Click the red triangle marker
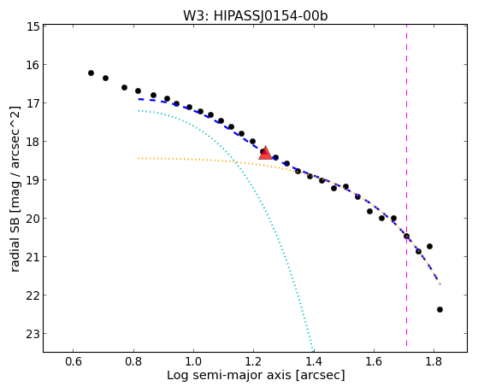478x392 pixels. (265, 153)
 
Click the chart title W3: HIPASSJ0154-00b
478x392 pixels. (255, 16)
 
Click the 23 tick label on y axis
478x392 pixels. (33, 334)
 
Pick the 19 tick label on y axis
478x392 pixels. (33, 180)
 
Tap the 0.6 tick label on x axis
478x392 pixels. (74, 361)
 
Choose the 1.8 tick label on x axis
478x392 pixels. (434, 361)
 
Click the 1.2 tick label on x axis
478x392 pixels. (253, 361)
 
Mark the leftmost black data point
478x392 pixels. (91, 73)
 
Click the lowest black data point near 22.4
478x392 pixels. (440, 309)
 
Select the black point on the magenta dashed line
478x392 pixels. (406, 236)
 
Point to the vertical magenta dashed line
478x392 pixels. (406, 185)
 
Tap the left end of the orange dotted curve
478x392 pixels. (139, 158)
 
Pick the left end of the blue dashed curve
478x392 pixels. (139, 99)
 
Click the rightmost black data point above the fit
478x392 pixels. (429, 246)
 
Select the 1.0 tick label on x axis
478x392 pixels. (193, 361)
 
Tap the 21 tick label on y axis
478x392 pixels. (33, 257)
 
